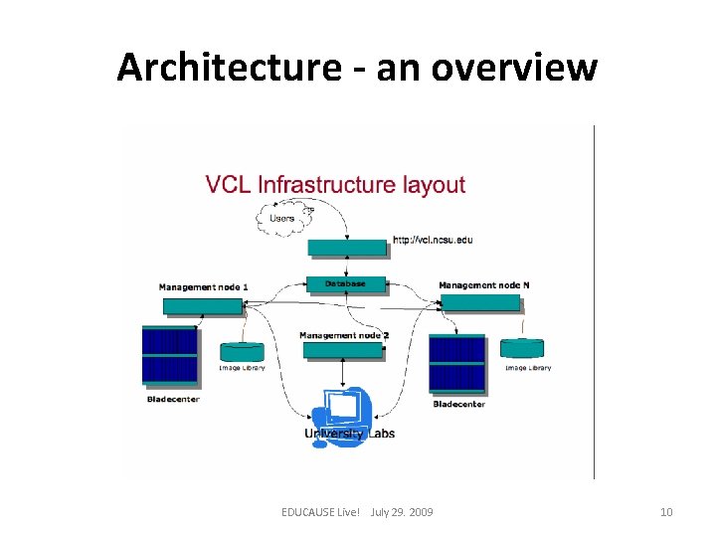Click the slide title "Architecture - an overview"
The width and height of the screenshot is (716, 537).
357,68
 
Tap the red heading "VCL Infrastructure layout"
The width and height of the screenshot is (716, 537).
335,184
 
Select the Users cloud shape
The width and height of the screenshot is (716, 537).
283,217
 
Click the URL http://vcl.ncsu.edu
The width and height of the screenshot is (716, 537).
433,240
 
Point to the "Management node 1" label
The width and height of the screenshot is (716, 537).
203,287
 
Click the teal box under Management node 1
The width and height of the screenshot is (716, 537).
203,306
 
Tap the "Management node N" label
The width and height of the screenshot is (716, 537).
484,285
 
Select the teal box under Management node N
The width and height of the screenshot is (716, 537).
480,302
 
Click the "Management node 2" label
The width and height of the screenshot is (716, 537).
344,335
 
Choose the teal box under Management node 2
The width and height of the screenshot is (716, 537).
343,350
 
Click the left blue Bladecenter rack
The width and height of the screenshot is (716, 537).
170,355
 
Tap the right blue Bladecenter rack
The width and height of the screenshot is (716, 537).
457,364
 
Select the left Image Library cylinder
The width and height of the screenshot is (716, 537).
242,351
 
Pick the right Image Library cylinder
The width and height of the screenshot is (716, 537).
522,348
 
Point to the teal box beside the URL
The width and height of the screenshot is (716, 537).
347,247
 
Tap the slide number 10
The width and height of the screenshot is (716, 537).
666,512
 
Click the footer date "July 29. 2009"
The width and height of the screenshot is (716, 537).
401,512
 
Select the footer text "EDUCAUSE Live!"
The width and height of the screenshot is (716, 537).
320,512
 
